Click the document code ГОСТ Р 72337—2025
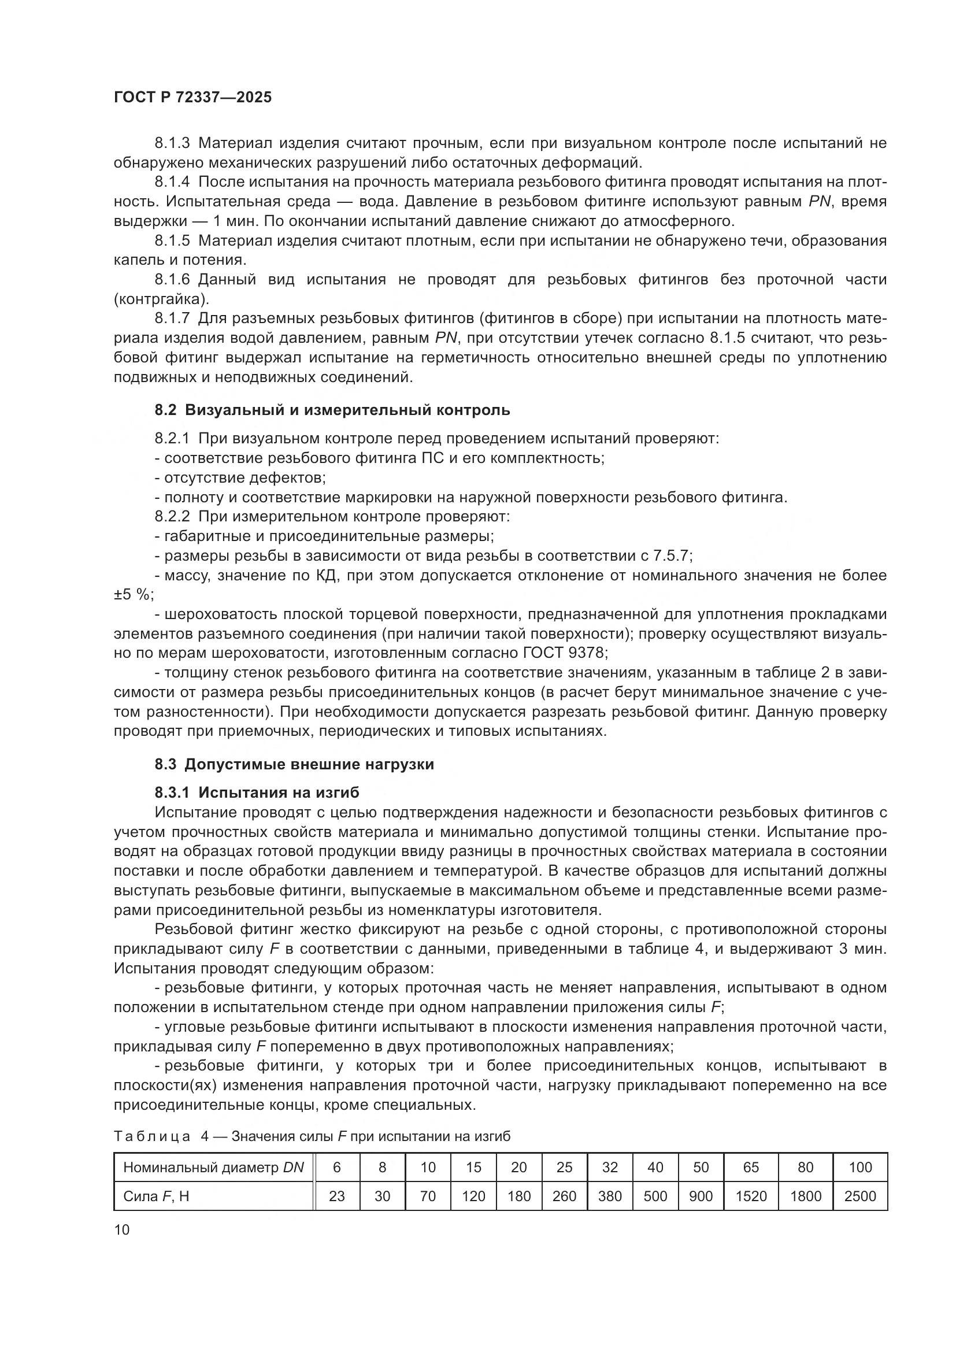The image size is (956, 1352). click(x=192, y=98)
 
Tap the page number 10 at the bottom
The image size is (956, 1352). click(x=122, y=1229)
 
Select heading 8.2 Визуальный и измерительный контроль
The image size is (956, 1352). click(x=332, y=410)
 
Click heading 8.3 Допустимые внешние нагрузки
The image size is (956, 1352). click(x=294, y=765)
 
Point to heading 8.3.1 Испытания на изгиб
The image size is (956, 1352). click(x=257, y=792)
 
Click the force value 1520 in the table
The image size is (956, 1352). click(x=751, y=1196)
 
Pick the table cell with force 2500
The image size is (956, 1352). click(x=860, y=1196)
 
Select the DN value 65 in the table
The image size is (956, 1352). click(x=751, y=1167)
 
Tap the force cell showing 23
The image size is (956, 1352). click(x=337, y=1196)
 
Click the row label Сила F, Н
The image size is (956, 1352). click(x=156, y=1196)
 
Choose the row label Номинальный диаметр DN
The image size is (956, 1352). click(x=213, y=1167)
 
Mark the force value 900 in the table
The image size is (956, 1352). click(x=701, y=1196)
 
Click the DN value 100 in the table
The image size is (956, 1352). click(x=860, y=1167)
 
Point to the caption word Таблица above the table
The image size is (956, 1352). click(x=152, y=1136)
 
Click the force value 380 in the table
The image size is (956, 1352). click(x=610, y=1196)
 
